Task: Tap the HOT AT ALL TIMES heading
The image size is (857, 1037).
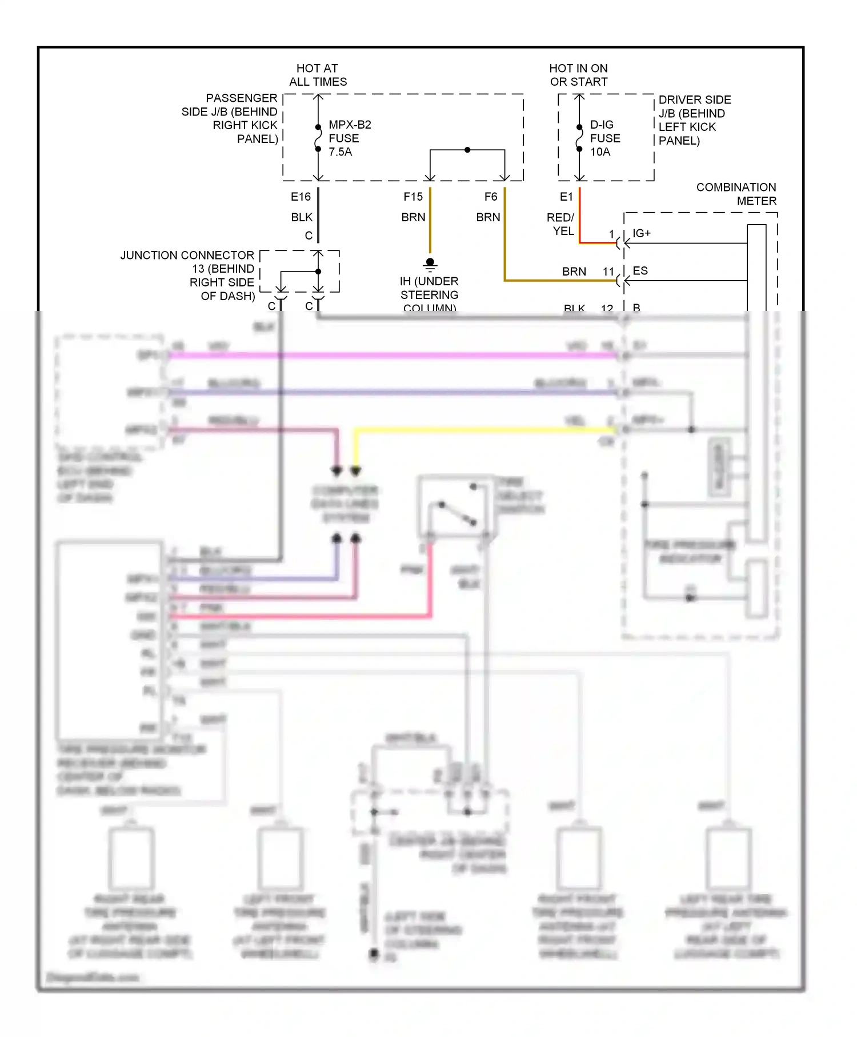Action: [318, 75]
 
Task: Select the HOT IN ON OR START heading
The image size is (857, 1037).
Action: [578, 75]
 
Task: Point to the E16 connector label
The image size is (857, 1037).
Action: [301, 197]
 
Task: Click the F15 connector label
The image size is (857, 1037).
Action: [413, 197]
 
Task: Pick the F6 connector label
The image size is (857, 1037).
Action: [491, 197]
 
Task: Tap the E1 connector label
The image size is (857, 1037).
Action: [566, 197]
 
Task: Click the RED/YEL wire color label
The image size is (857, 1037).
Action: [560, 224]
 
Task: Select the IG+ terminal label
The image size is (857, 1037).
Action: [641, 233]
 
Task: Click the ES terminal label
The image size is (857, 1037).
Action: [640, 270]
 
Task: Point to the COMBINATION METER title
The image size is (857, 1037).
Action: [736, 194]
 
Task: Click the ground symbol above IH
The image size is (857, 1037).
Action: [430, 264]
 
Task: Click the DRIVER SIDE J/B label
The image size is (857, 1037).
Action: [694, 120]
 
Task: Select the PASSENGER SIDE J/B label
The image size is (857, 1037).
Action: [230, 118]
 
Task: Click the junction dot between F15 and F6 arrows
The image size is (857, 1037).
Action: [467, 150]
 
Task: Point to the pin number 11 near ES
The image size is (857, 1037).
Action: [608, 272]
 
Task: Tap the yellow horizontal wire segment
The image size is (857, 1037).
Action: [486, 430]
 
